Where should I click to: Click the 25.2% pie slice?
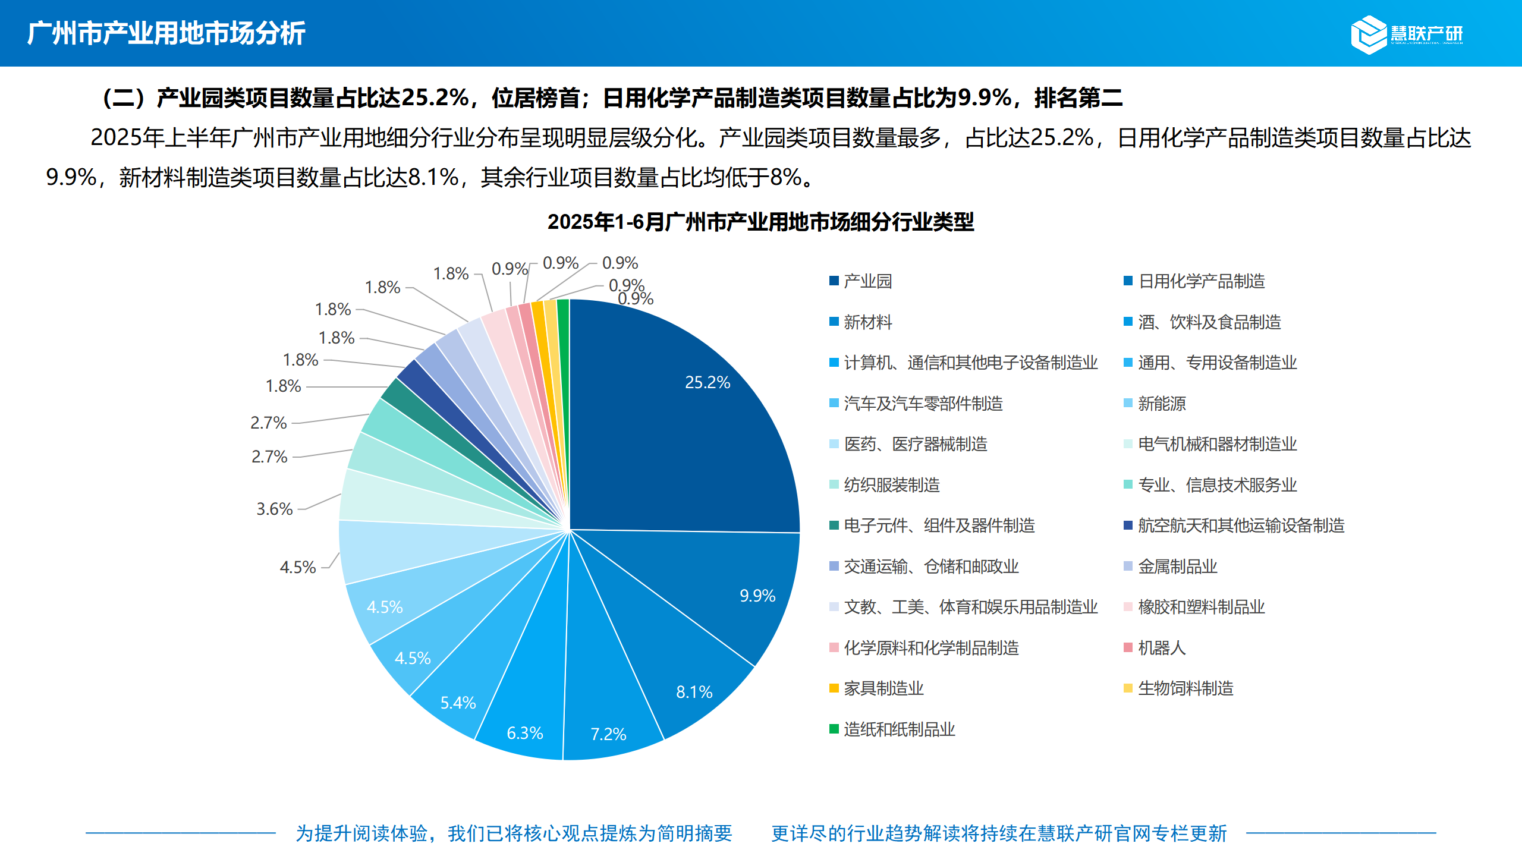click(684, 416)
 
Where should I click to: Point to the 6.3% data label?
click(524, 733)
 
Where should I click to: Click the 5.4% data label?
click(458, 703)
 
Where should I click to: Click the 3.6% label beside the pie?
click(274, 509)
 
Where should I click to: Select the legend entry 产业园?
click(867, 281)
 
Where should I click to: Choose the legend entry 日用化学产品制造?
click(1201, 281)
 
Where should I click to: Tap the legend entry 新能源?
click(1161, 404)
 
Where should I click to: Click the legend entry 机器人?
click(1161, 648)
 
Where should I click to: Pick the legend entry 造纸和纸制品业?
click(899, 729)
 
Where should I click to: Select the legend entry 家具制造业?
click(883, 688)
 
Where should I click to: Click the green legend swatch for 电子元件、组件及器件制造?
click(834, 525)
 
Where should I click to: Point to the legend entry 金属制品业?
click(1177, 567)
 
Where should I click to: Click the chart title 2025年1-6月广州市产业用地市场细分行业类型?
click(760, 222)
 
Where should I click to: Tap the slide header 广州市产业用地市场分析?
click(166, 33)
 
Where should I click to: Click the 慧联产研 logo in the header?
click(1407, 34)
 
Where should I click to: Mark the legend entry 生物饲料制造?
click(1185, 688)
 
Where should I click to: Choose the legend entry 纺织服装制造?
click(891, 485)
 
